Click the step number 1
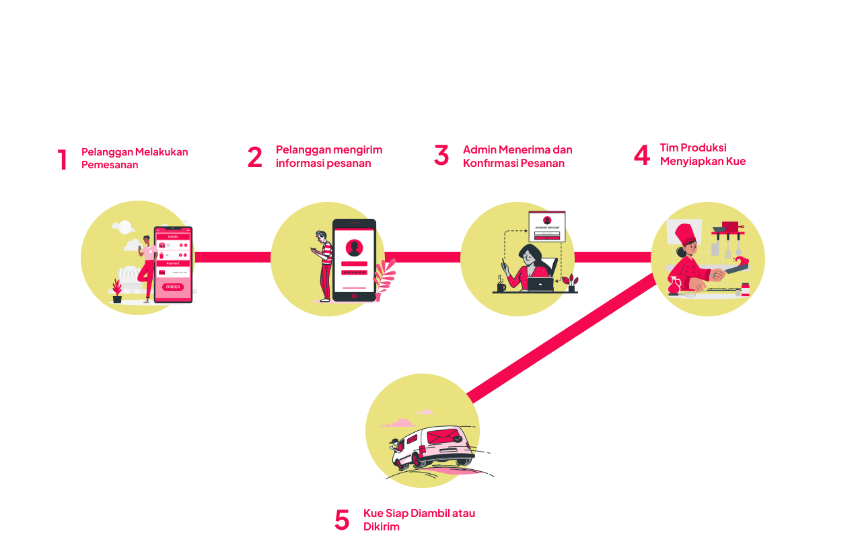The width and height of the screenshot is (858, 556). click(x=62, y=160)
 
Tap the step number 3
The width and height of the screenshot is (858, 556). click(x=441, y=155)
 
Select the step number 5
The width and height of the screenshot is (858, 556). click(x=342, y=520)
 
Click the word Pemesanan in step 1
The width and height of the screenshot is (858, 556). click(x=110, y=165)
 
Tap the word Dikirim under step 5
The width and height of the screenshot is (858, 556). click(x=382, y=526)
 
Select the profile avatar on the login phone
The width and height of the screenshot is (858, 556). click(x=354, y=248)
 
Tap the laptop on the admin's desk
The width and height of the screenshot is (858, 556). click(x=540, y=284)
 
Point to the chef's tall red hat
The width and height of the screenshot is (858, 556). click(x=686, y=234)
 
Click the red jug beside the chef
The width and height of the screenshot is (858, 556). click(x=673, y=286)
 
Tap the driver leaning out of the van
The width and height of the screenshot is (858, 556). click(x=395, y=444)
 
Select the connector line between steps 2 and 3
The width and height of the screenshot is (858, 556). click(x=423, y=256)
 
